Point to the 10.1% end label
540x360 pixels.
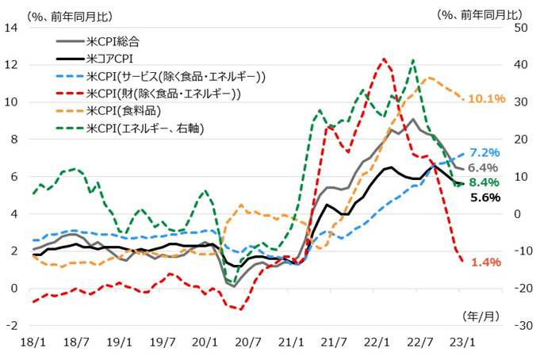(x=486, y=99)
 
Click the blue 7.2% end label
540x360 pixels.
(x=484, y=152)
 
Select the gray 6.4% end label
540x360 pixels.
(x=483, y=168)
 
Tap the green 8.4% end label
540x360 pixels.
(x=484, y=183)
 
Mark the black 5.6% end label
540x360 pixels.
(x=484, y=197)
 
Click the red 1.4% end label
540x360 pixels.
(x=484, y=262)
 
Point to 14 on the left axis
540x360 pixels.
(x=12, y=28)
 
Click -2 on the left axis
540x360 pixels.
(x=12, y=325)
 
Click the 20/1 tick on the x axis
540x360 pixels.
(x=205, y=343)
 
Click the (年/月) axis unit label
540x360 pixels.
(x=480, y=315)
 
